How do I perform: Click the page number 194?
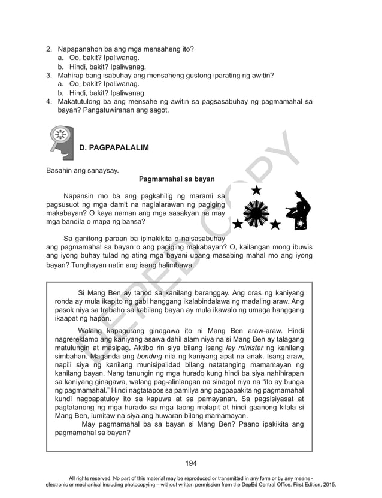coord(191,463)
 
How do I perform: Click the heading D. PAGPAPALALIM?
coord(114,147)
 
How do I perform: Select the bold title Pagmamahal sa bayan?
coord(177,179)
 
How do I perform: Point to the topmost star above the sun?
coord(257,191)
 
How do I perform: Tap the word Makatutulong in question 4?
coord(85,102)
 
